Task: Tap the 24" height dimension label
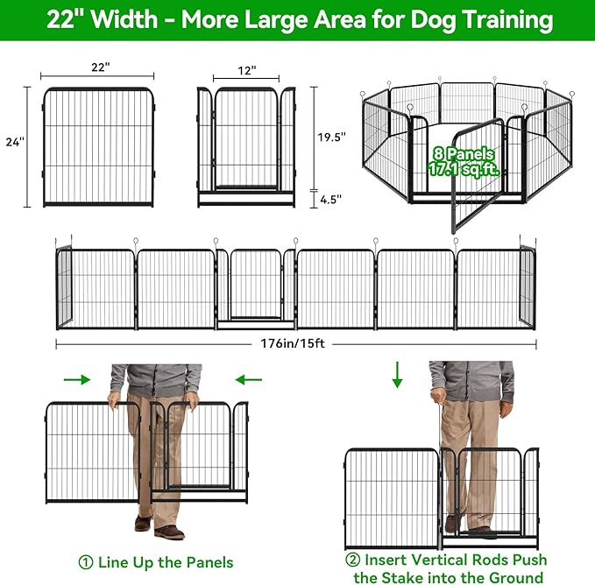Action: [14, 141]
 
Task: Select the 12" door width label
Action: [245, 70]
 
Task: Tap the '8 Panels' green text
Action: [461, 155]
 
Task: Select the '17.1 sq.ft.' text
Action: [461, 171]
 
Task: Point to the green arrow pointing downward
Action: [397, 375]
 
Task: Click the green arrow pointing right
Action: [78, 379]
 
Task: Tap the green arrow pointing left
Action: [248, 379]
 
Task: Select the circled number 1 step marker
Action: [85, 561]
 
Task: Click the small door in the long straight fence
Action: [256, 285]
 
